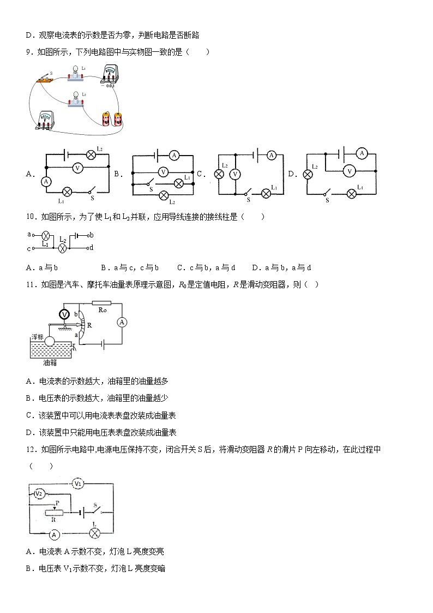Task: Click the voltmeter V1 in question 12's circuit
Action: coord(78,484)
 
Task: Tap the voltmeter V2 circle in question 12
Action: coord(39,493)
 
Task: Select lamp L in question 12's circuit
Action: coord(95,532)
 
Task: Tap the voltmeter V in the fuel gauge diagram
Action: coord(64,314)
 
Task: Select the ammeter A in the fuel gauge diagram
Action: coord(122,323)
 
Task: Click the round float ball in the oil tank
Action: coord(51,341)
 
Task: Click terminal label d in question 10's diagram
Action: coord(91,248)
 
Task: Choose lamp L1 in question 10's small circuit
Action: coord(46,236)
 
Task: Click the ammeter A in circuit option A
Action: coord(46,181)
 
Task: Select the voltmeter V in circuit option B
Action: coord(163,172)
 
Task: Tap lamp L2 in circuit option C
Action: coord(219,174)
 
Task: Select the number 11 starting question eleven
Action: coord(30,284)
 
